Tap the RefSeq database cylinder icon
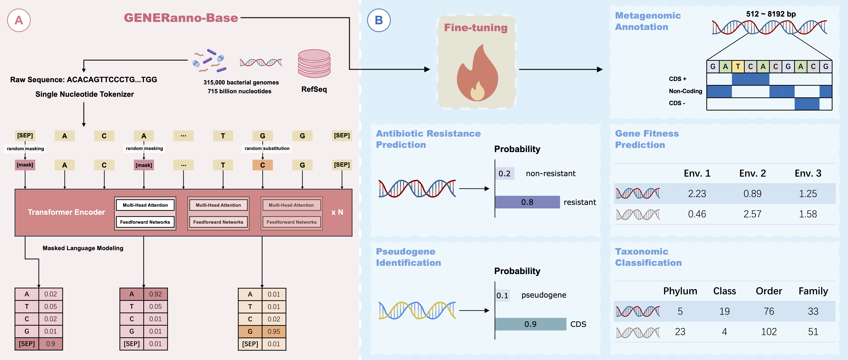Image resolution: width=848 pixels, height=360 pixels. coord(314,63)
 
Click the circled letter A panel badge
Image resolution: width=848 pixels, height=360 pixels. coord(19,20)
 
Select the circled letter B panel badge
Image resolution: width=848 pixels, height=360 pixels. coord(379,20)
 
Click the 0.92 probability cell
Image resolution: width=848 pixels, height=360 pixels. coord(155,294)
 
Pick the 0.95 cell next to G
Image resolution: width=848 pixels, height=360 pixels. coord(274,331)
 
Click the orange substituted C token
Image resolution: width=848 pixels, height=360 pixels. coord(262,165)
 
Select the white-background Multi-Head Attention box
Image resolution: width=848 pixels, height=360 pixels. coord(145,205)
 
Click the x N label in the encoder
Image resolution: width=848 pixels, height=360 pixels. coord(337,212)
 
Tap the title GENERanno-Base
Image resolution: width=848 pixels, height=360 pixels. coord(181,18)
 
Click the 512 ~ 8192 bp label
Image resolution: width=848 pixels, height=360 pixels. coord(771,14)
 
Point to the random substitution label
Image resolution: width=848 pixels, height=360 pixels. coord(267,148)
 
